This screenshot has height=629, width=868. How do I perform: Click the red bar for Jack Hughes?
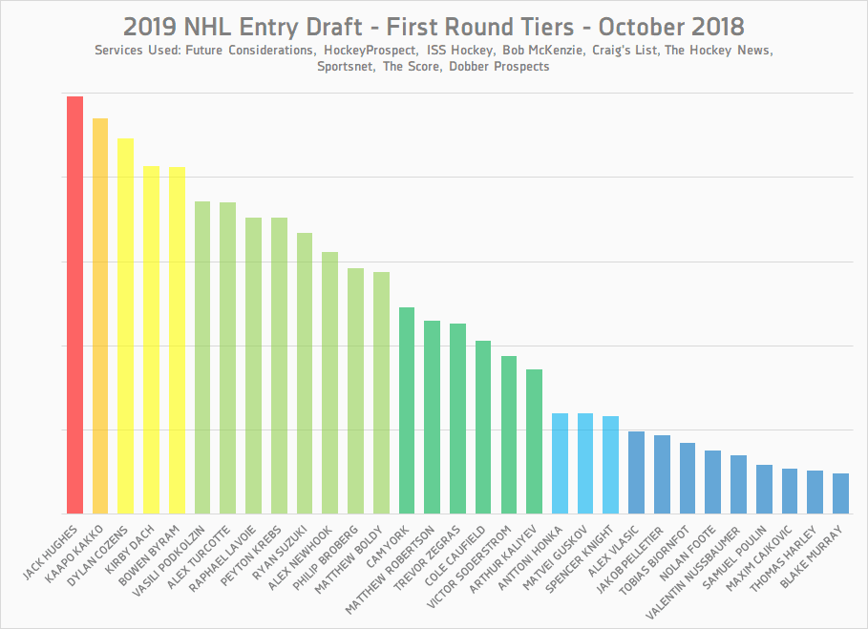tap(74, 305)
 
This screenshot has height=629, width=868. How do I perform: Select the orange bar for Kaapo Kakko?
tap(100, 315)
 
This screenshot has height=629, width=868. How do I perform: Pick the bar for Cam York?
tap(406, 410)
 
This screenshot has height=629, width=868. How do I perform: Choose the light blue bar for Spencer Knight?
tap(610, 465)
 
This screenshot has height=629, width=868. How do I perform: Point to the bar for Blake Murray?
tap(840, 493)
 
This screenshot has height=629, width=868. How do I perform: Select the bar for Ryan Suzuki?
tap(304, 373)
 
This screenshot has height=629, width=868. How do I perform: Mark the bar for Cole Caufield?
tap(483, 427)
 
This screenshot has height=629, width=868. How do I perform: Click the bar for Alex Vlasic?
tap(636, 472)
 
